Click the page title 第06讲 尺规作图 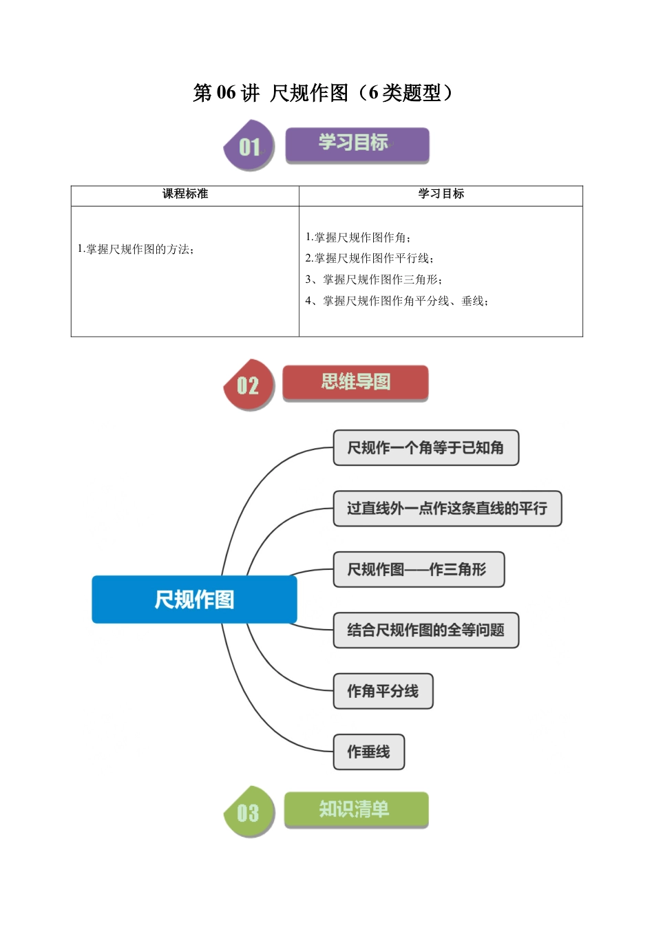point(323,92)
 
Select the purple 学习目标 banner point(357,145)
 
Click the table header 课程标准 point(184,194)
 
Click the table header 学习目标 point(441,194)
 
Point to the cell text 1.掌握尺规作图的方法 point(136,249)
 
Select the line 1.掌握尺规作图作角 point(358,237)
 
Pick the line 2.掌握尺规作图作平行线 point(369,258)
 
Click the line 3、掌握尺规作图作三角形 point(374,279)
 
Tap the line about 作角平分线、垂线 point(397,301)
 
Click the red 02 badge point(249,385)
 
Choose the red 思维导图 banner point(355,383)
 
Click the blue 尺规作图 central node point(194,599)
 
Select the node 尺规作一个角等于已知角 point(425,448)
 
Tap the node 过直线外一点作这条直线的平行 point(447,509)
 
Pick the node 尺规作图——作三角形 point(419,569)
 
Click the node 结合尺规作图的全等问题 point(425,630)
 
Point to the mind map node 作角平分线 point(383,691)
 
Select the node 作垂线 point(368,752)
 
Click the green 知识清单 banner point(355,809)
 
